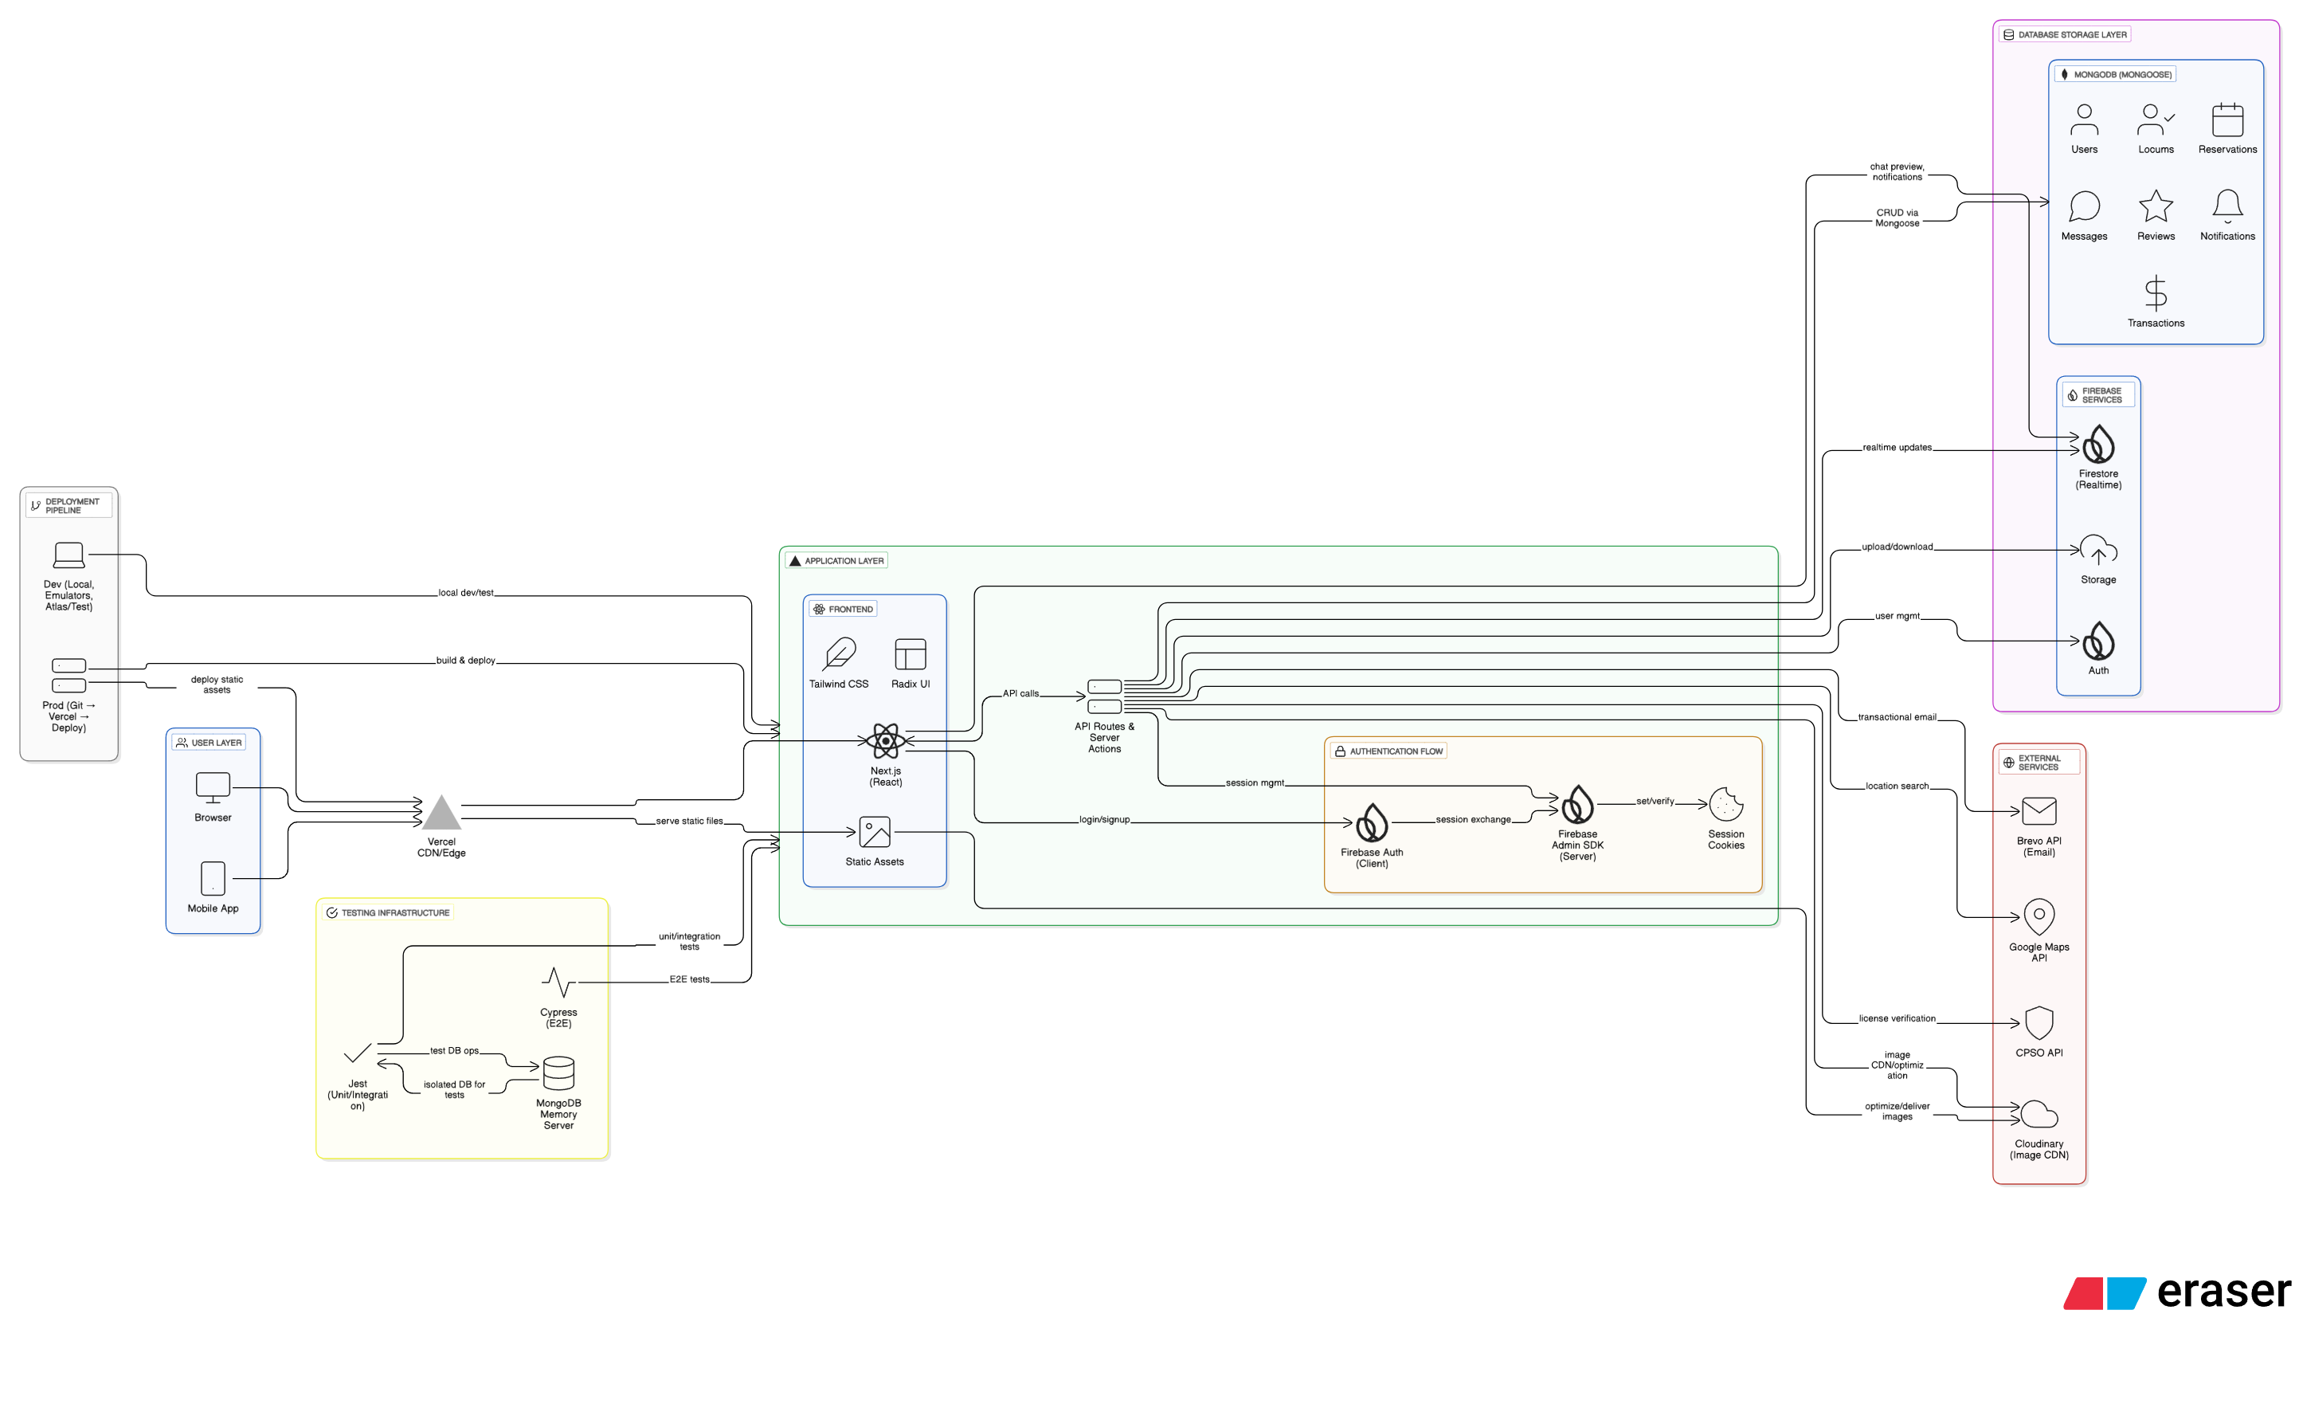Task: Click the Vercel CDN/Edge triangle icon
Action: point(441,813)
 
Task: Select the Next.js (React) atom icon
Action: point(886,741)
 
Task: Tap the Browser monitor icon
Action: point(213,787)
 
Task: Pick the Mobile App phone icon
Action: point(213,878)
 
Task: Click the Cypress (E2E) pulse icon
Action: point(558,982)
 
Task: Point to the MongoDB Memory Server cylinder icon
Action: point(558,1073)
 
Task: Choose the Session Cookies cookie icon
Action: point(1726,804)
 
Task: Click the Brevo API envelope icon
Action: point(2039,811)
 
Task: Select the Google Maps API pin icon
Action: point(2039,917)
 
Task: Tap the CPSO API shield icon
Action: point(2039,1022)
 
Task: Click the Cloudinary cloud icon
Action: point(2039,1114)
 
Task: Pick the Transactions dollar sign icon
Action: point(2156,293)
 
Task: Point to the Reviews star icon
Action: point(2156,206)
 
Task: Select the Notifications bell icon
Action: point(2227,206)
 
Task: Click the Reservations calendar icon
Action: point(2227,120)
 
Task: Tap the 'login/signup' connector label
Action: point(1104,819)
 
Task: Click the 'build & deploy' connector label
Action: point(465,660)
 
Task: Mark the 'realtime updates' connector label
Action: point(1897,447)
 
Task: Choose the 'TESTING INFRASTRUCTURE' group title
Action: point(394,912)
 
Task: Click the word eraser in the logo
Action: point(2223,1292)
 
